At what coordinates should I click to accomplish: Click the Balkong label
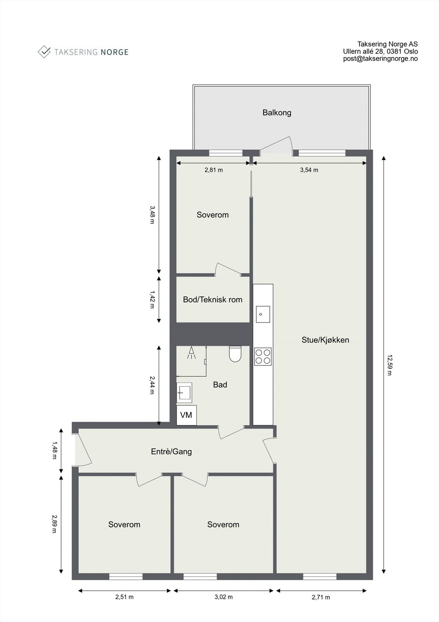tap(276, 113)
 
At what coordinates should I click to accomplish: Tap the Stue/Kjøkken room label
tap(325, 340)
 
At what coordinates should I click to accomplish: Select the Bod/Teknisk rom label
tap(212, 300)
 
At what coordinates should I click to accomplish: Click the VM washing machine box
tap(186, 415)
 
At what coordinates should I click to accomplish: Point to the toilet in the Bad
tap(235, 354)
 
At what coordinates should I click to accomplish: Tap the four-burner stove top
tap(263, 356)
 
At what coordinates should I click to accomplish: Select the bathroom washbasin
tap(184, 393)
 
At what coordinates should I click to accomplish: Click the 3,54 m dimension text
tap(309, 170)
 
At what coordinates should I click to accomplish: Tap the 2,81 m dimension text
tap(213, 170)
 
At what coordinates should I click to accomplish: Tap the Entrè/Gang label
tap(171, 452)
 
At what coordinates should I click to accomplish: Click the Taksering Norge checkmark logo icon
tap(44, 52)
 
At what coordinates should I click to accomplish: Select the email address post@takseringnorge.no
tap(380, 59)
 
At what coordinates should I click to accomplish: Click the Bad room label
tap(220, 385)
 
